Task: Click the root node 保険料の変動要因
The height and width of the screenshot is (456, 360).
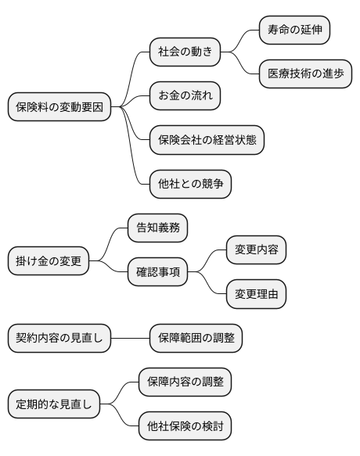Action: (x=59, y=106)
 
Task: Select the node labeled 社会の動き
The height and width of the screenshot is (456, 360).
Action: (x=185, y=52)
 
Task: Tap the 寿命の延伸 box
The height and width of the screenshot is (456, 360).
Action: (x=294, y=31)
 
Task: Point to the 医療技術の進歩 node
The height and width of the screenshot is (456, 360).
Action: (x=305, y=74)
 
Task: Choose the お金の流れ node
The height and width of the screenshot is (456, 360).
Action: (x=185, y=96)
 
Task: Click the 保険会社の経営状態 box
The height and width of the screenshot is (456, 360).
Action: (x=207, y=140)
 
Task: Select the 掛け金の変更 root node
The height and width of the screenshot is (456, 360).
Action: (x=49, y=260)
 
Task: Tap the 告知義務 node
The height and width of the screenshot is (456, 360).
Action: (x=157, y=228)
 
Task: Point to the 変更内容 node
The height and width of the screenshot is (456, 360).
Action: (x=256, y=250)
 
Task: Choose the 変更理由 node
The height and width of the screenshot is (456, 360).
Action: (x=256, y=294)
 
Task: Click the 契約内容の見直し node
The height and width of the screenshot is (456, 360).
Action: (x=59, y=339)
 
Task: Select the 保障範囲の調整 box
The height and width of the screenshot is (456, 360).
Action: (x=196, y=339)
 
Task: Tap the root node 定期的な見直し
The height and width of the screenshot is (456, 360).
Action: (x=54, y=404)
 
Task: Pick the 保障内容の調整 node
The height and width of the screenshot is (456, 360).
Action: (x=185, y=382)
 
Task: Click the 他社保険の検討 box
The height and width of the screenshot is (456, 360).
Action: (x=185, y=426)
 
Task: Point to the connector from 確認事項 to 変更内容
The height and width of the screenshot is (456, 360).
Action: (x=207, y=260)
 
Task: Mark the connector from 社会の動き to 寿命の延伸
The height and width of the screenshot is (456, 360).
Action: (x=241, y=41)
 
